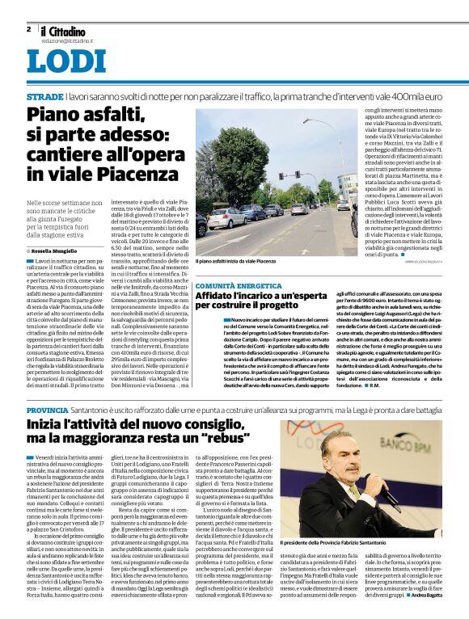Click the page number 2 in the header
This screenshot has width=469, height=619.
pyautogui.click(x=28, y=29)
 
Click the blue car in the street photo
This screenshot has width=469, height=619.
pyautogui.click(x=247, y=212)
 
